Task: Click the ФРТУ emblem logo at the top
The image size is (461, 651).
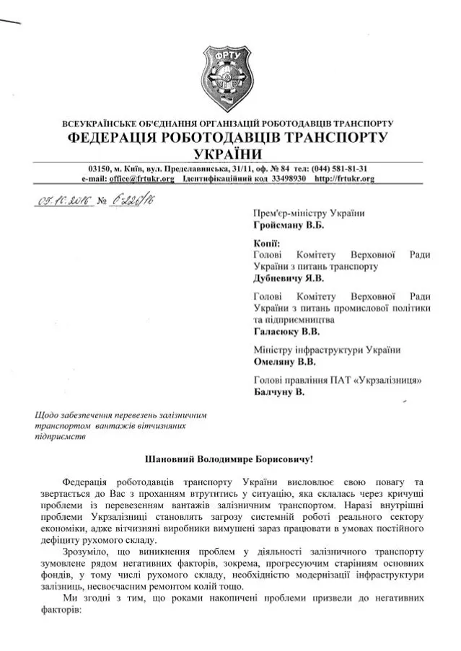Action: [x=229, y=72]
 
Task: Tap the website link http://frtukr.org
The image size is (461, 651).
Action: [x=345, y=178]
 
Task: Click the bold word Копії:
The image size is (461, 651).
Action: [x=268, y=244]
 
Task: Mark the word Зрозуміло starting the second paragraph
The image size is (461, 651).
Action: [x=87, y=552]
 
